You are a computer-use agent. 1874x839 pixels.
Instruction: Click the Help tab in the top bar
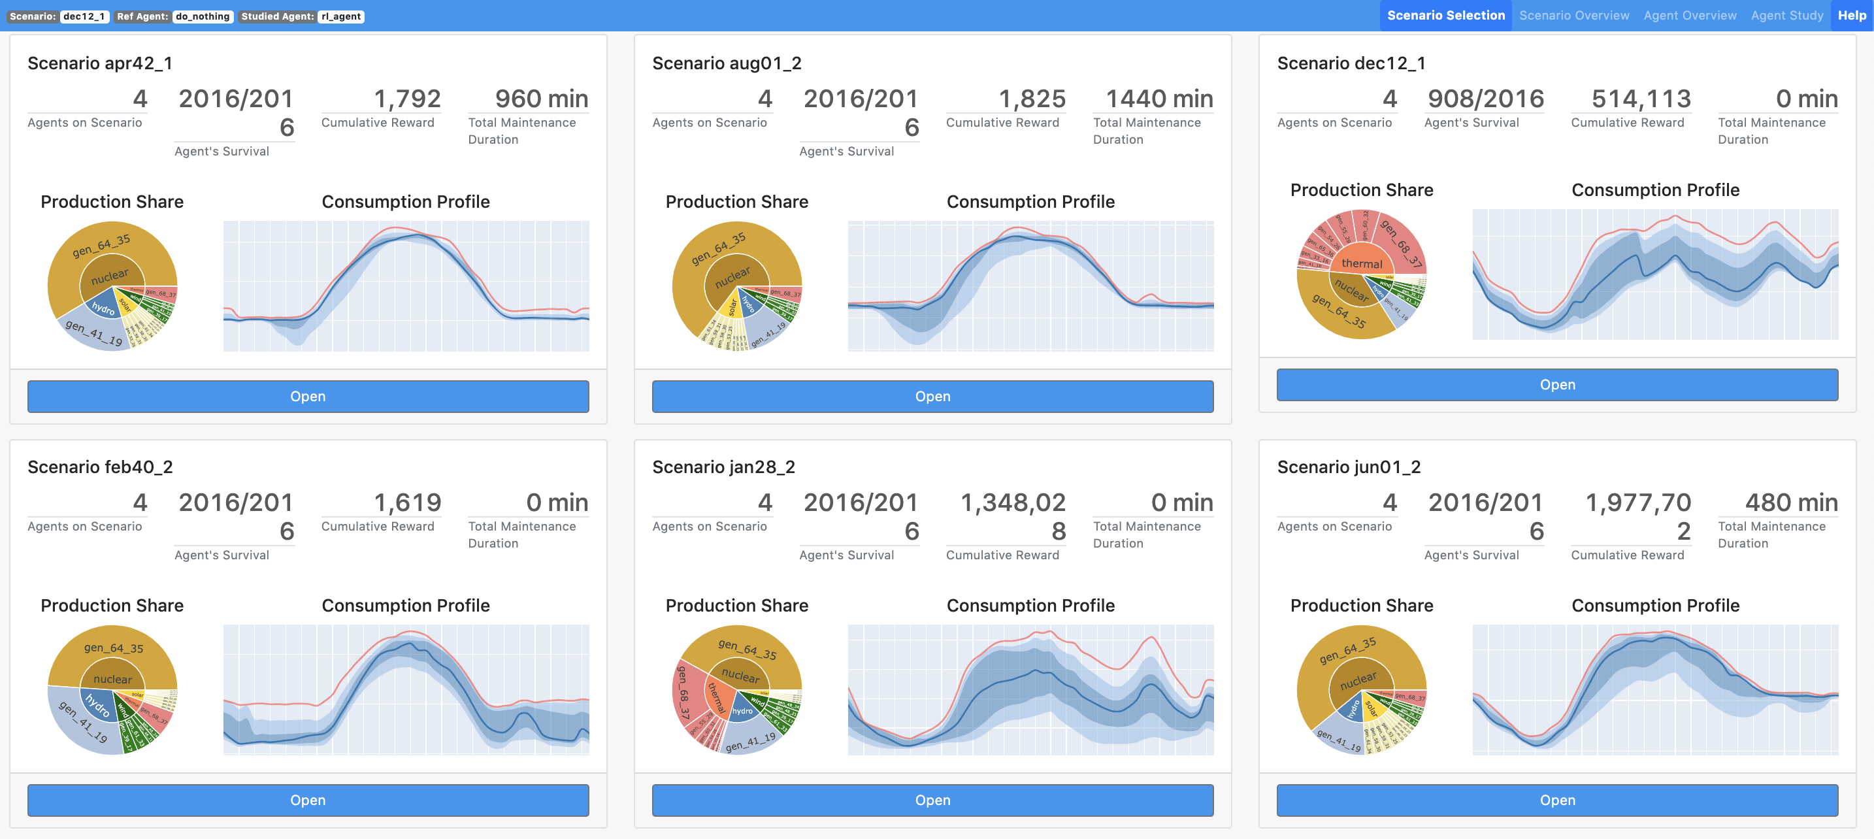[1851, 15]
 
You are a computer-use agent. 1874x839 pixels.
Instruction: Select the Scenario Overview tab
[1573, 15]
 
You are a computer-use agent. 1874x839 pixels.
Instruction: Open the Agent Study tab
[1786, 15]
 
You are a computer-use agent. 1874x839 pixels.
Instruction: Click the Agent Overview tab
[1689, 15]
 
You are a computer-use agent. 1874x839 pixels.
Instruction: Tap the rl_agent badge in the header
[340, 16]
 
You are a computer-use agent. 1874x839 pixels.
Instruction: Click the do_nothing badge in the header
[203, 16]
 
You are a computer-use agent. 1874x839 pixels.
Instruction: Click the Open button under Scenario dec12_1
[1557, 384]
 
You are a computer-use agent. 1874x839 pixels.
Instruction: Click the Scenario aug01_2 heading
[726, 63]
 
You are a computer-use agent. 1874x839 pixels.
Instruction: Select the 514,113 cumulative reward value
[1641, 99]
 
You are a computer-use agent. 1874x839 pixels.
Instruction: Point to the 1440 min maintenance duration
[1159, 99]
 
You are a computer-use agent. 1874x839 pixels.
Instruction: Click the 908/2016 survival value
[1485, 99]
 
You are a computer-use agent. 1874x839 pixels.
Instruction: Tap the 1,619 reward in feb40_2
[406, 502]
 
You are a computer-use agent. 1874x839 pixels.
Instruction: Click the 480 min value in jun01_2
[1790, 502]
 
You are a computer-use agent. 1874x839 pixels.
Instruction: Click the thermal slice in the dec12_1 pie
[1361, 263]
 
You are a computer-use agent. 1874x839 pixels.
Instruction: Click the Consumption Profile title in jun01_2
[1655, 606]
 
